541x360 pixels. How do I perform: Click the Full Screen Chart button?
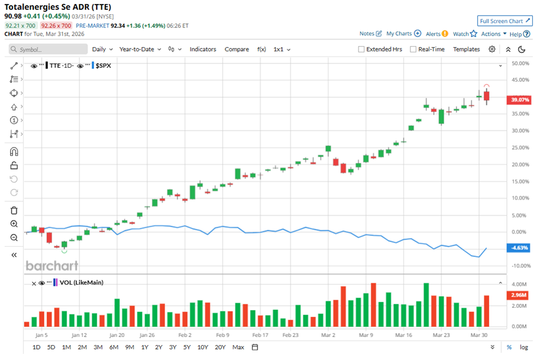tap(505, 21)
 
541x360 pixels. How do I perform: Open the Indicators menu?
tap(203, 49)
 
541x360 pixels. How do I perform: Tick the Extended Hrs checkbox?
tap(361, 49)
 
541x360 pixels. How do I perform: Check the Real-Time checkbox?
tap(413, 49)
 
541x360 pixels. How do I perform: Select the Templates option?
tap(466, 49)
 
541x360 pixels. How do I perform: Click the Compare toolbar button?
tap(237, 49)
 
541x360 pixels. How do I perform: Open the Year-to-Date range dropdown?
tap(140, 49)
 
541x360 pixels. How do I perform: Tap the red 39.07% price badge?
tap(517, 100)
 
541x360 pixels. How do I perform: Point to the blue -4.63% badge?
tap(517, 248)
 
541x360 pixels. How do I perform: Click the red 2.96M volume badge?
tap(517, 295)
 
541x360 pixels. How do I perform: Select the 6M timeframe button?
tap(113, 347)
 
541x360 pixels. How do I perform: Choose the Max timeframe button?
tap(238, 347)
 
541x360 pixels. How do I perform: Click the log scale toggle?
tap(524, 347)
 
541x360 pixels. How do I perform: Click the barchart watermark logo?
tap(52, 266)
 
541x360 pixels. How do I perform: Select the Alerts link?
tap(437, 34)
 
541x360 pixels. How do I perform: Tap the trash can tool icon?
tap(14, 210)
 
